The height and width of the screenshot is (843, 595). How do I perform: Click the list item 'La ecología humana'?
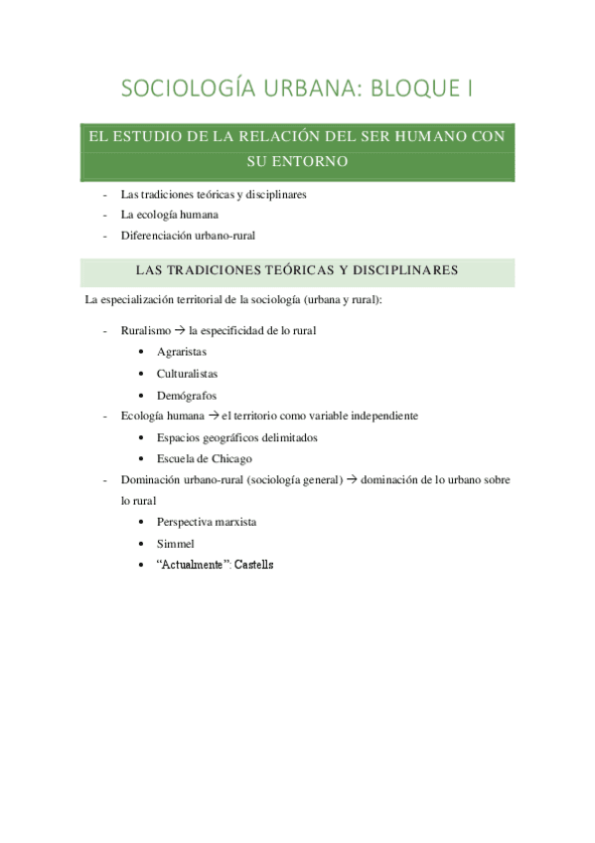[170, 214]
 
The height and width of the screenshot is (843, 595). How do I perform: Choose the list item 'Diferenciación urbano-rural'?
[188, 235]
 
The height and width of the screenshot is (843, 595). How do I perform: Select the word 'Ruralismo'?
[145, 330]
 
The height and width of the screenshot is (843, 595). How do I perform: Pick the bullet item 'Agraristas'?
[182, 352]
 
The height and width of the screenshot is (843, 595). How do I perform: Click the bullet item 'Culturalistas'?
[187, 374]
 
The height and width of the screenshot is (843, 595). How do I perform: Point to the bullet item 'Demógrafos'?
[187, 395]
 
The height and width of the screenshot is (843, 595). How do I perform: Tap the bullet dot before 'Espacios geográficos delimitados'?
[145, 437]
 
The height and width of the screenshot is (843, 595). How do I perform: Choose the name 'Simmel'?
[175, 543]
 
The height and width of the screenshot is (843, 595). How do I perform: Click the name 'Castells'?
[253, 565]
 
